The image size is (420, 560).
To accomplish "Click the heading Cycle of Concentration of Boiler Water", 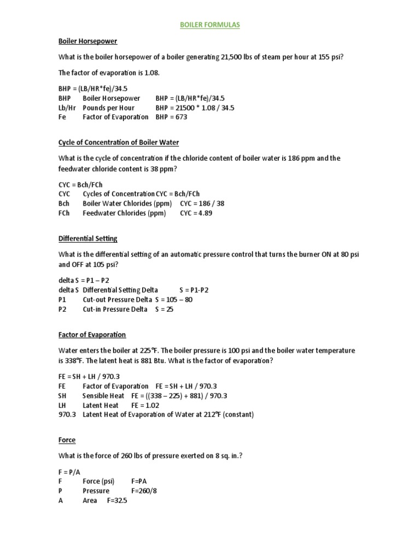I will click(x=119, y=143).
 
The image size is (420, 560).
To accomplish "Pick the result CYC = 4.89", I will click(x=196, y=213).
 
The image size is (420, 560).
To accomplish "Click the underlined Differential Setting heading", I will click(x=87, y=238).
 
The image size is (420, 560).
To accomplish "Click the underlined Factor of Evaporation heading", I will click(x=92, y=335).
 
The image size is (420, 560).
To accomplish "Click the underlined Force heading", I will click(x=67, y=440).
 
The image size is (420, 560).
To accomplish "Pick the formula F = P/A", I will click(x=68, y=471).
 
